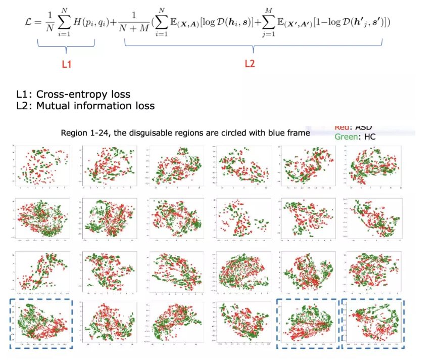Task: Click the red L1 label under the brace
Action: pos(66,64)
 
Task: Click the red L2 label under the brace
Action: pos(250,64)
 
